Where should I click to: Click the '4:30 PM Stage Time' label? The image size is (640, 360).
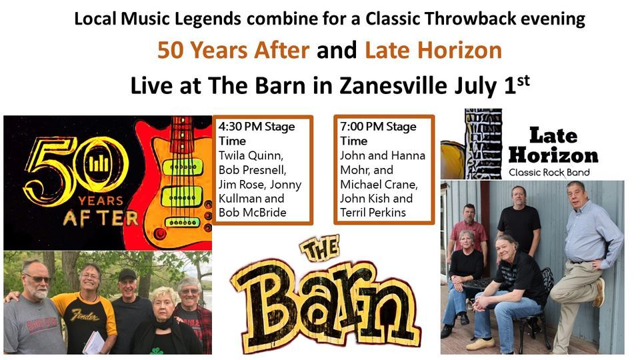[257, 133]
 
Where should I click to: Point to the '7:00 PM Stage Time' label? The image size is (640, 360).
[378, 133]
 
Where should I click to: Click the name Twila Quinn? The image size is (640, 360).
[249, 155]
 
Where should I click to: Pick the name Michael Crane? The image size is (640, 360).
[376, 184]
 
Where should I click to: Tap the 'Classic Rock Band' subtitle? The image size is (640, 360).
[553, 173]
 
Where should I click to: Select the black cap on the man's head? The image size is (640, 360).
[127, 275]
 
